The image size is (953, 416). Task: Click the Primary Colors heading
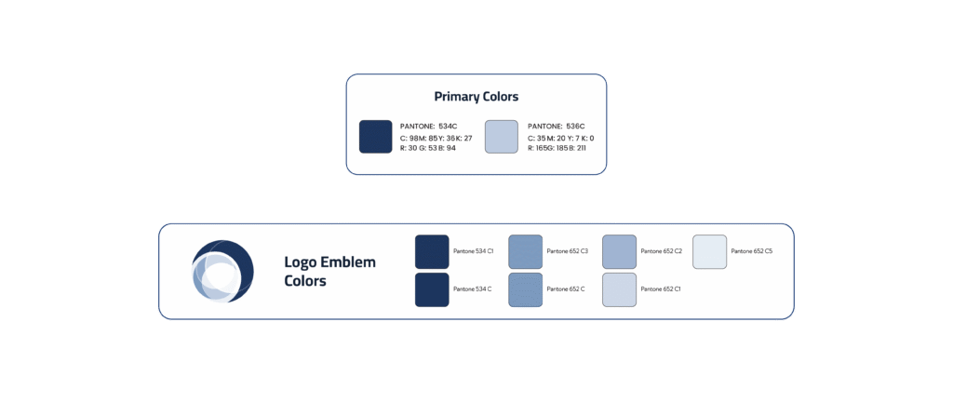tap(476, 97)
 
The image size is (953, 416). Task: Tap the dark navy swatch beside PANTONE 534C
tap(376, 137)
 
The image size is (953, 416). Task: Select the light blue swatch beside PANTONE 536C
tap(502, 137)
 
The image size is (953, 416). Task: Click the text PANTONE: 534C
tap(428, 126)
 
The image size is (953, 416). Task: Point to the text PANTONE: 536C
tap(556, 126)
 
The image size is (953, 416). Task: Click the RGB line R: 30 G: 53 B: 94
tap(429, 148)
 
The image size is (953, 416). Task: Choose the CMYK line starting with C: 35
tap(560, 138)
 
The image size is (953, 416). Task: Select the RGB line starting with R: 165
tap(557, 148)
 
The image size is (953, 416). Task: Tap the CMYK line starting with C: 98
tap(436, 138)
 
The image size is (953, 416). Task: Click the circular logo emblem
tap(222, 271)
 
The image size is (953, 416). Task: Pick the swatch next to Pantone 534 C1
tap(432, 251)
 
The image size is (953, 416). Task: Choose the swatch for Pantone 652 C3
tap(526, 251)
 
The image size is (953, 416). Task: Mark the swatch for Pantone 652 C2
tap(620, 251)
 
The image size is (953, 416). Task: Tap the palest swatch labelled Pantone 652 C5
tap(710, 251)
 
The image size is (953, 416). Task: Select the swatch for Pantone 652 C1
tap(620, 289)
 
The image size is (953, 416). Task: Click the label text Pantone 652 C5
tap(751, 251)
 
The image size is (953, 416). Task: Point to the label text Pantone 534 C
tap(472, 289)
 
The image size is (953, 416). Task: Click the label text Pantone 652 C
tap(565, 289)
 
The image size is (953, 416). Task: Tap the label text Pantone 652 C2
tap(661, 251)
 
